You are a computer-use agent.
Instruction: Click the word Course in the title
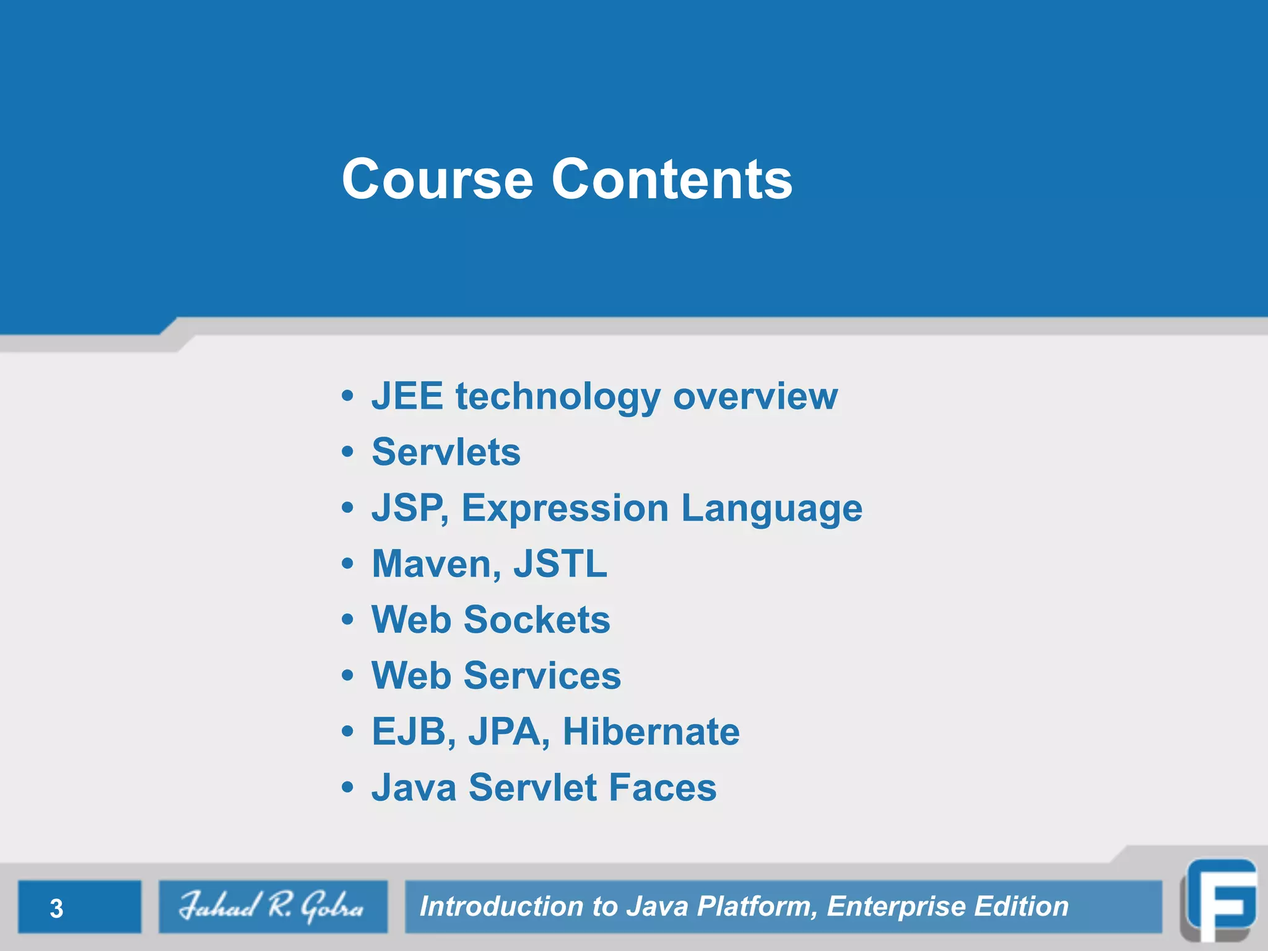click(x=437, y=180)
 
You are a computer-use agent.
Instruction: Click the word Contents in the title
click(x=672, y=180)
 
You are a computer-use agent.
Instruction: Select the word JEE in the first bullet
click(x=407, y=396)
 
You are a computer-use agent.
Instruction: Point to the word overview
click(x=755, y=396)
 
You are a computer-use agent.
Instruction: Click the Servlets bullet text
click(x=446, y=452)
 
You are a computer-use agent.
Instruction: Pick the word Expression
click(x=565, y=510)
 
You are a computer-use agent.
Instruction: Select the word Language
click(x=771, y=510)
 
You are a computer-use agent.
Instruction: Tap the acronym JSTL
click(x=560, y=564)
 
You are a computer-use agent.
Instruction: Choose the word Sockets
click(x=537, y=620)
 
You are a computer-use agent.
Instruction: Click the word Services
click(x=542, y=675)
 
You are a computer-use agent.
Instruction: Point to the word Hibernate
click(x=651, y=732)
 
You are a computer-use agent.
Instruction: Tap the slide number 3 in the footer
click(x=56, y=908)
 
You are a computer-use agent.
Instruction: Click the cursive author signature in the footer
click(x=272, y=906)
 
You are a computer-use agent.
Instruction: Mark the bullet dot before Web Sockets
click(x=348, y=619)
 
